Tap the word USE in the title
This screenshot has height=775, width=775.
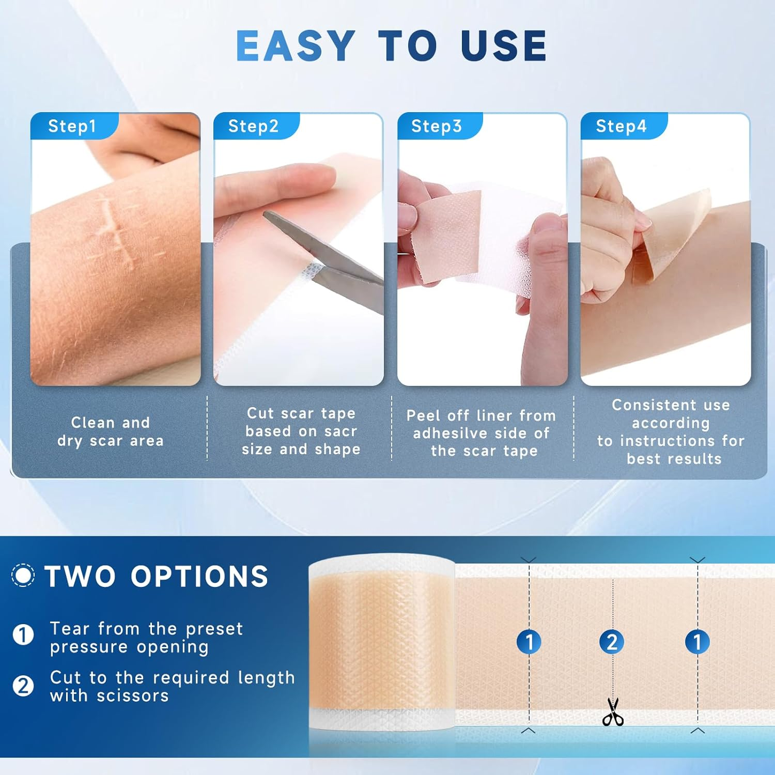504,45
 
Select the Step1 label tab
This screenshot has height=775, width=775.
72,126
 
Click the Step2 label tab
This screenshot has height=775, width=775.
254,126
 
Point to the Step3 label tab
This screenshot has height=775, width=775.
437,126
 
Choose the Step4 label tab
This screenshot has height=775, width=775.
621,126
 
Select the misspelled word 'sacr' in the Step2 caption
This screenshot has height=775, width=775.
340,431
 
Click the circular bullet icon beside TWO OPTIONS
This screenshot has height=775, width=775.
23,575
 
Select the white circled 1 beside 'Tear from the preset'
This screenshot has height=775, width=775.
23,634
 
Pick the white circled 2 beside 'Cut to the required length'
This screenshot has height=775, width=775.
23,686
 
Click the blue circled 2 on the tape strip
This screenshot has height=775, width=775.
612,642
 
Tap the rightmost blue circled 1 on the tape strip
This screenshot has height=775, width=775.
697,642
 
